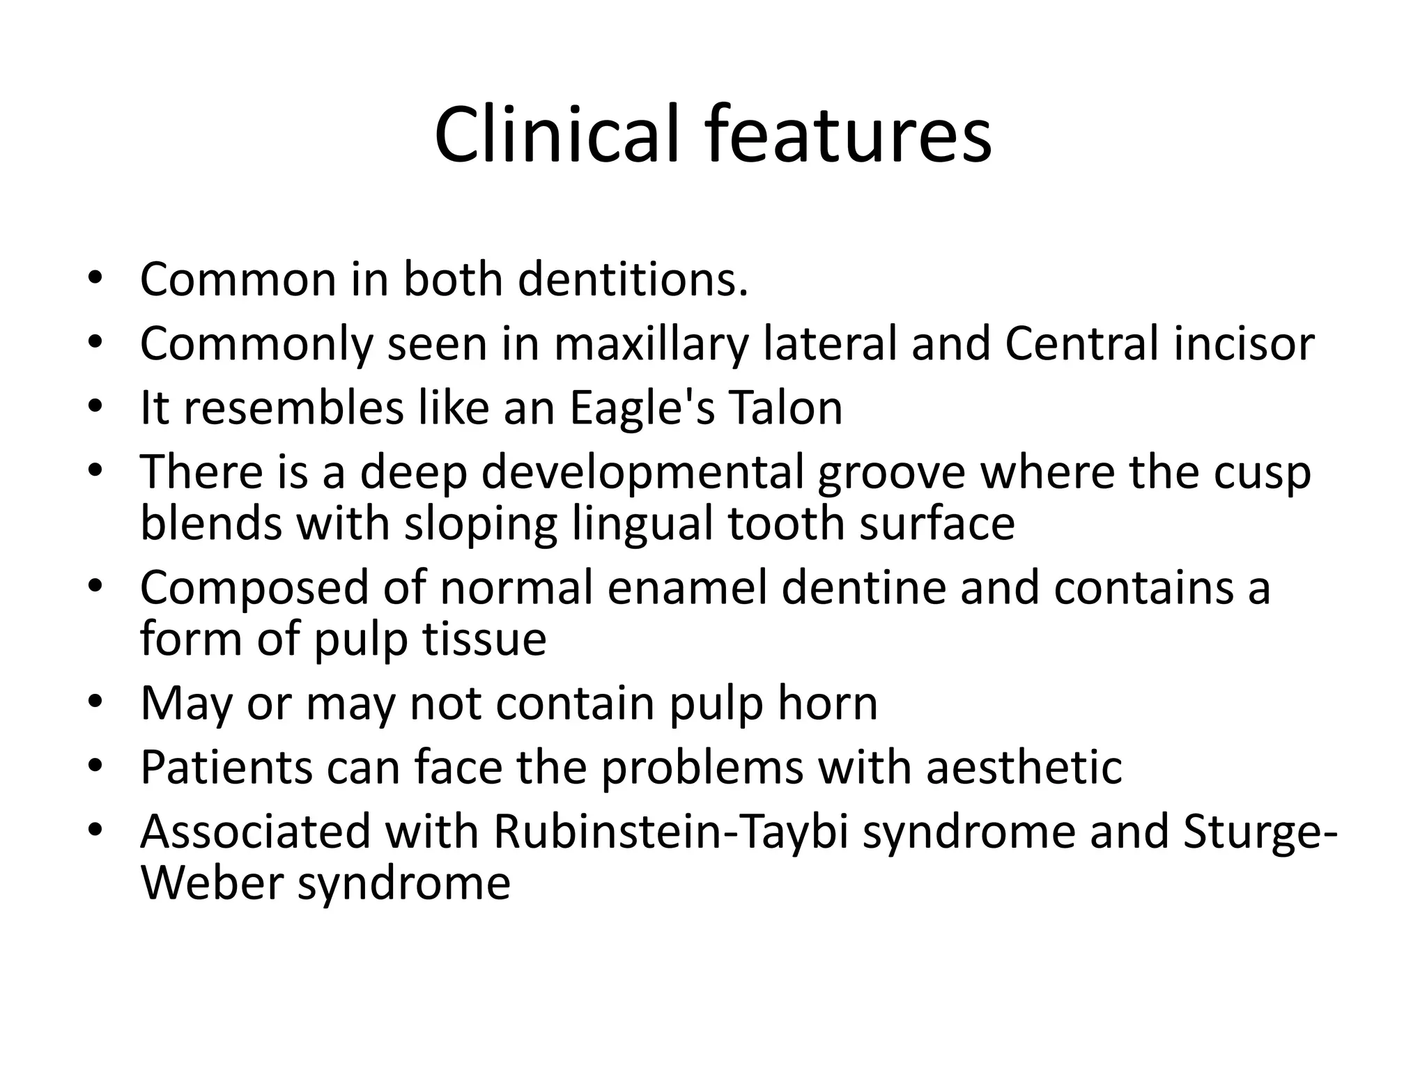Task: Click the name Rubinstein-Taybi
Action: pyautogui.click(x=671, y=832)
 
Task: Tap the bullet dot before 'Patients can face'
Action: pyautogui.click(x=95, y=766)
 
